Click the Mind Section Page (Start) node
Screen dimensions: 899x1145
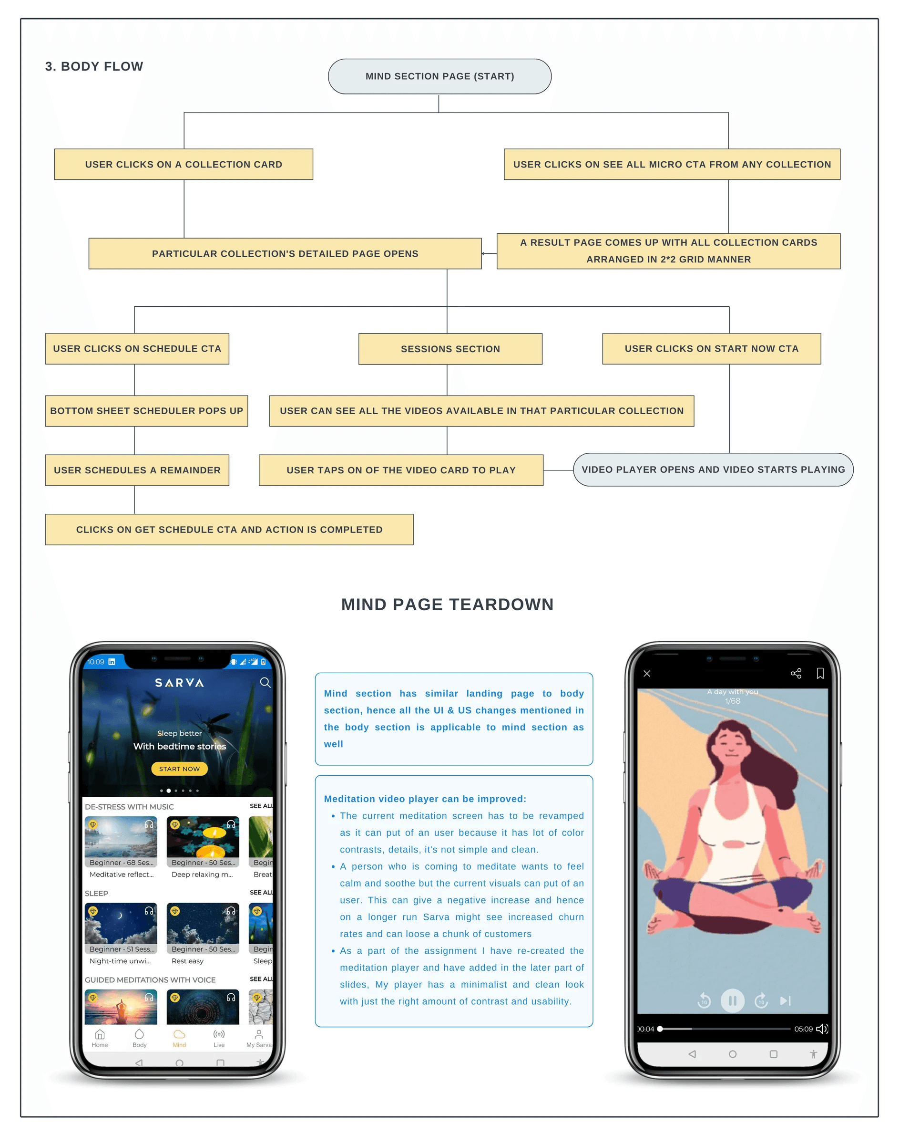[x=439, y=76]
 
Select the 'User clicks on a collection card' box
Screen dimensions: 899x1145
[x=184, y=164]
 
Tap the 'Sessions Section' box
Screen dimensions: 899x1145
[x=450, y=349]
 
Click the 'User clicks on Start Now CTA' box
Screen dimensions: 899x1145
[x=712, y=349]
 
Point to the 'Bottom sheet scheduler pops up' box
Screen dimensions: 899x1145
[x=146, y=411]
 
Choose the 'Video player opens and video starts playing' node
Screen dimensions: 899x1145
[x=713, y=469]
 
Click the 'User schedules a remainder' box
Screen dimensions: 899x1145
[x=137, y=470]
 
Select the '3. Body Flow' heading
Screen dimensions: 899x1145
[x=94, y=66]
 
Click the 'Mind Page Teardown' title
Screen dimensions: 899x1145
[x=448, y=604]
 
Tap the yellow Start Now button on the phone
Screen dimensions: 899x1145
[x=180, y=769]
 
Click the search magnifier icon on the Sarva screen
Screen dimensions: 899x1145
[x=266, y=683]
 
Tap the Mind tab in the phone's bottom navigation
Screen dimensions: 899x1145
[x=180, y=1039]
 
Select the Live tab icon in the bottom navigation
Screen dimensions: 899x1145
[x=219, y=1034]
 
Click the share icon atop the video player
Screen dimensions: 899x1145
[x=796, y=673]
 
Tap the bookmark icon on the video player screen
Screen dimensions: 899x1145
[x=820, y=673]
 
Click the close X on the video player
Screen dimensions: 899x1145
[x=647, y=674]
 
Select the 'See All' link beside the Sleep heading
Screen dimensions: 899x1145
[x=261, y=892]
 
